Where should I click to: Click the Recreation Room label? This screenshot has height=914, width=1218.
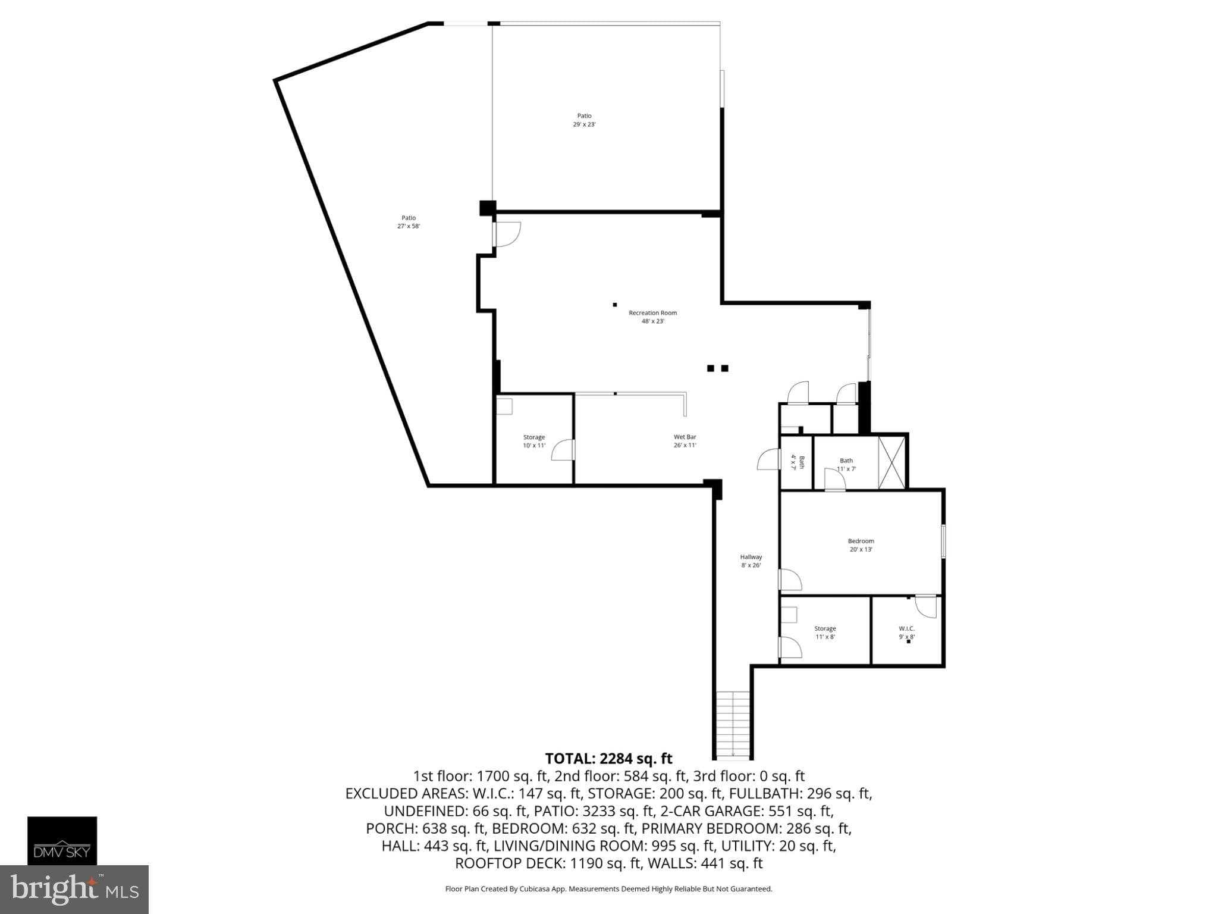click(x=652, y=317)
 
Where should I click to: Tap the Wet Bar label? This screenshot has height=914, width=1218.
click(x=685, y=441)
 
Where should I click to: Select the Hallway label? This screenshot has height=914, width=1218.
click(x=751, y=561)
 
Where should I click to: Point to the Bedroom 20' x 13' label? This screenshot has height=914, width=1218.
click(x=861, y=545)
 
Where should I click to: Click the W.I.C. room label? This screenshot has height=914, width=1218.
click(x=906, y=633)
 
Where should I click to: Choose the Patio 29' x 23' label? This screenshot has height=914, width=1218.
click(x=584, y=120)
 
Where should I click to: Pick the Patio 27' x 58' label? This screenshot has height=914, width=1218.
click(x=408, y=222)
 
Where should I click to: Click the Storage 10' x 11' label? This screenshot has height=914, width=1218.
click(x=533, y=441)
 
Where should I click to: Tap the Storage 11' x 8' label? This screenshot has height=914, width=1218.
click(x=824, y=633)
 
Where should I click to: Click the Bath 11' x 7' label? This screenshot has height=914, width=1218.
click(x=846, y=464)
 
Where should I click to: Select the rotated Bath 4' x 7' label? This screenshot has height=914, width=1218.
click(x=797, y=462)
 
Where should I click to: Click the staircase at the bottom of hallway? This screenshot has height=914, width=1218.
click(x=733, y=725)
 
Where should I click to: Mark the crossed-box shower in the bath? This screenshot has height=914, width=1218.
click(x=891, y=463)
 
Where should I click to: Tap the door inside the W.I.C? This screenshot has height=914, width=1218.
click(x=925, y=606)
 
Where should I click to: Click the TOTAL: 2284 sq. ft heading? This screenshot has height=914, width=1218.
click(x=608, y=759)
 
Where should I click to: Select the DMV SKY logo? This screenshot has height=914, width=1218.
click(x=62, y=840)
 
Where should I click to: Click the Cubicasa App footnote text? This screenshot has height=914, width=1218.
click(x=608, y=889)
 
